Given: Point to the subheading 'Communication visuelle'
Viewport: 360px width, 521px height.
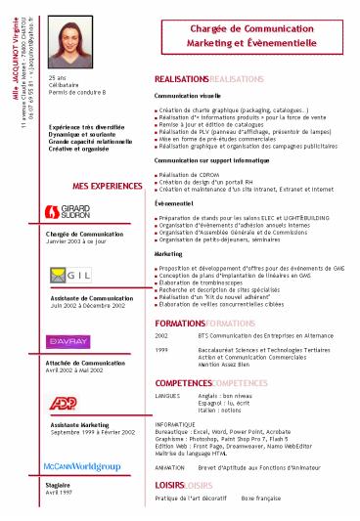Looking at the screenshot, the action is [192, 98].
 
